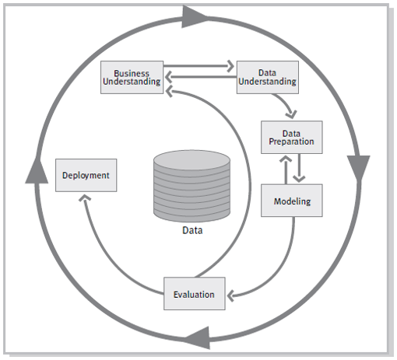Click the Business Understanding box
132,76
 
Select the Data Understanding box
267,76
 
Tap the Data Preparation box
291,137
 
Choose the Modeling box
292,201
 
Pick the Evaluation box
194,294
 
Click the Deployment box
86,175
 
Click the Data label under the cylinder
193,230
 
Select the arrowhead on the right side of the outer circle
359,166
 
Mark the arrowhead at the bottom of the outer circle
195,336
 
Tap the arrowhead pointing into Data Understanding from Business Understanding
230,67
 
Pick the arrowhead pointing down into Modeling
298,179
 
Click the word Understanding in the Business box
132,81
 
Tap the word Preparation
291,142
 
